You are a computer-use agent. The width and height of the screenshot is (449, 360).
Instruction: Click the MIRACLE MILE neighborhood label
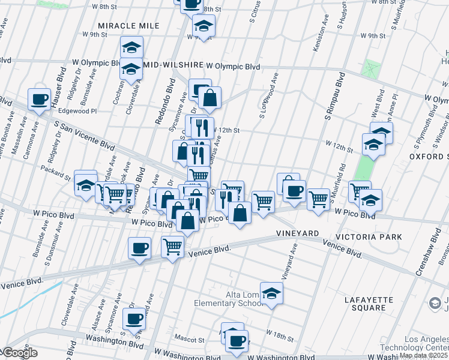128,26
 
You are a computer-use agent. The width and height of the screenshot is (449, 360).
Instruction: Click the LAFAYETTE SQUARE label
369,304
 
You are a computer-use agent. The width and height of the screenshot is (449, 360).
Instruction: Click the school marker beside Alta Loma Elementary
272,294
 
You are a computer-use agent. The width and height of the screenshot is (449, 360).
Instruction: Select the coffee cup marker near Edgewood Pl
40,99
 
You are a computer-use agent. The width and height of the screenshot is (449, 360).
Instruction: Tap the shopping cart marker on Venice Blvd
172,246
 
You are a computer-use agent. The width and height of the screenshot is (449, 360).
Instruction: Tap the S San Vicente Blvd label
84,136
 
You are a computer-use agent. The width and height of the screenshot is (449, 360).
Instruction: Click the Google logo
19,353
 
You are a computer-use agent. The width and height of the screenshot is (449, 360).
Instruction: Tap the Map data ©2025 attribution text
423,355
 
